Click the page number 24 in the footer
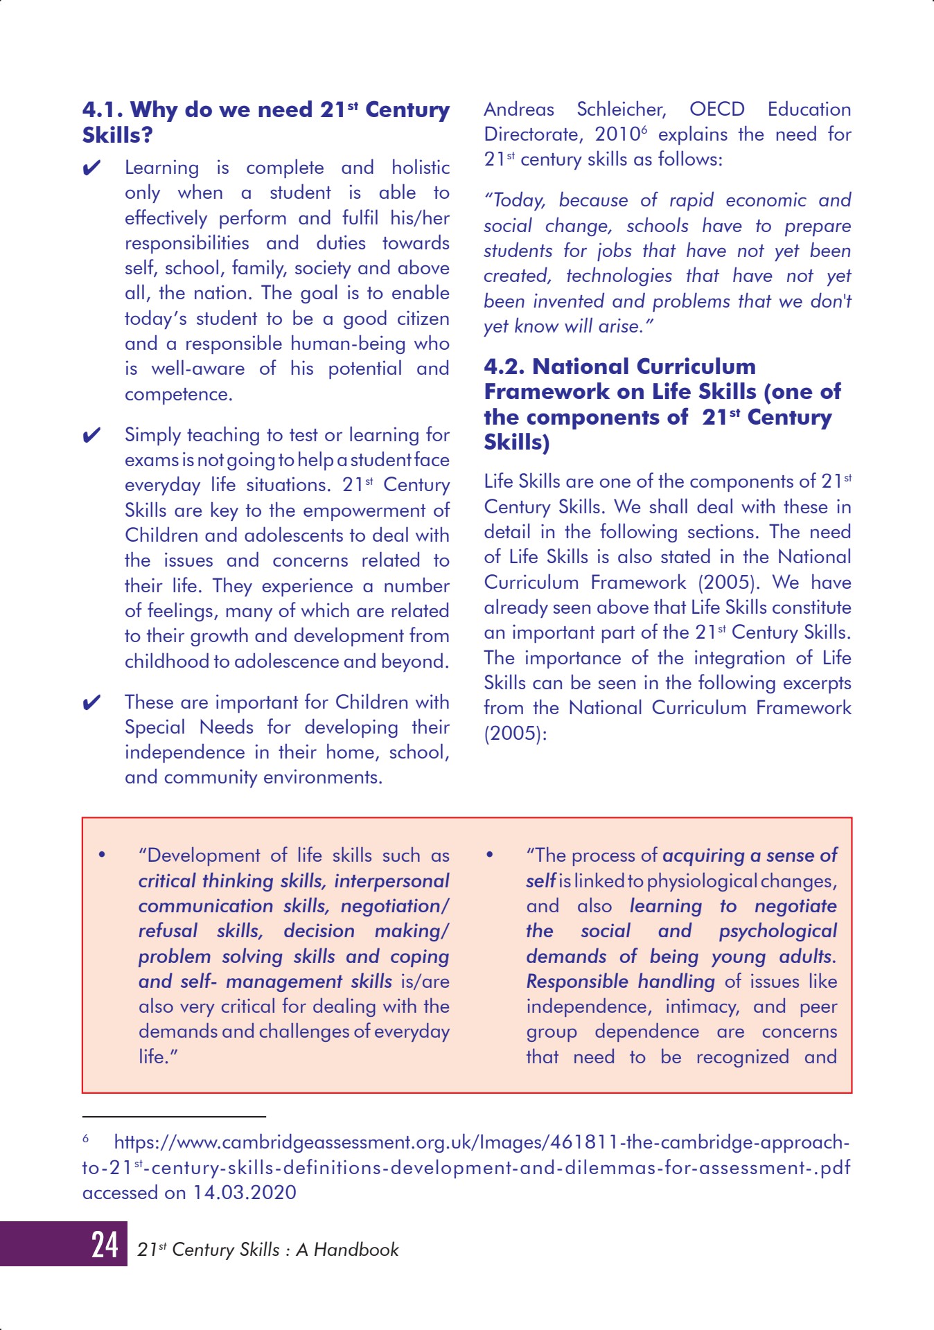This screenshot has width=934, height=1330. [105, 1245]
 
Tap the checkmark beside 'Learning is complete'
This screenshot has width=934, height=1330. [91, 168]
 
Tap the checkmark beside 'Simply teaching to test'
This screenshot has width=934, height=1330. [91, 436]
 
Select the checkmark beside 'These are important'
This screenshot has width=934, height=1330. [91, 703]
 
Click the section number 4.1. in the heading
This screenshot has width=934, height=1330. [103, 110]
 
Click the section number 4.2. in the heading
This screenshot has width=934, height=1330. [504, 366]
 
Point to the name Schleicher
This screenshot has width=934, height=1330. [621, 109]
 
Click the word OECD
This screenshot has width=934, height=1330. [716, 109]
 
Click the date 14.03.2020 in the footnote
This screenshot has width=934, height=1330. [244, 1193]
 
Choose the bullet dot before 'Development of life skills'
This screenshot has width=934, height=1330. [102, 855]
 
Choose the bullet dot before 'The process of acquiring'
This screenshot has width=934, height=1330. [489, 855]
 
